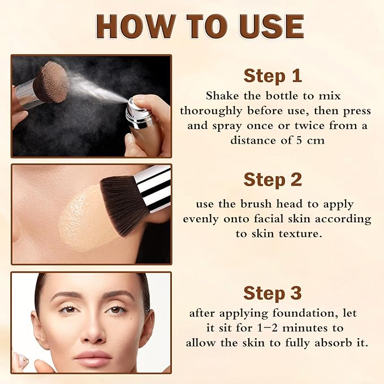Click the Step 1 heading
[x=273, y=76]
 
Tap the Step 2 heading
[x=273, y=180]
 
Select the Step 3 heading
[x=273, y=293]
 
